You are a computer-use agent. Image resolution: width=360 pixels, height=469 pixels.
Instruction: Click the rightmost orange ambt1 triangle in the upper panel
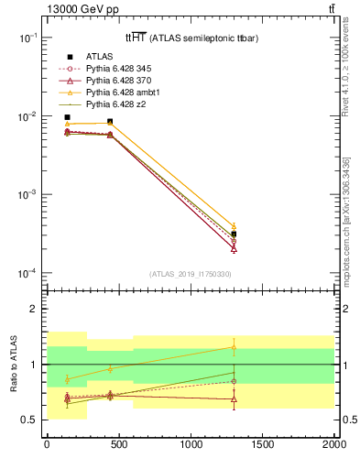234,226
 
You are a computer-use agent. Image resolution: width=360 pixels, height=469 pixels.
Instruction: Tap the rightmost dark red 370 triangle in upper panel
234,248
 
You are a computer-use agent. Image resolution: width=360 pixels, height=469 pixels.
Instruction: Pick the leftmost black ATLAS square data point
67,117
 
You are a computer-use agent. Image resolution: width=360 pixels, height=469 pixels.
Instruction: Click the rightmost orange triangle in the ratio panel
234,347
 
